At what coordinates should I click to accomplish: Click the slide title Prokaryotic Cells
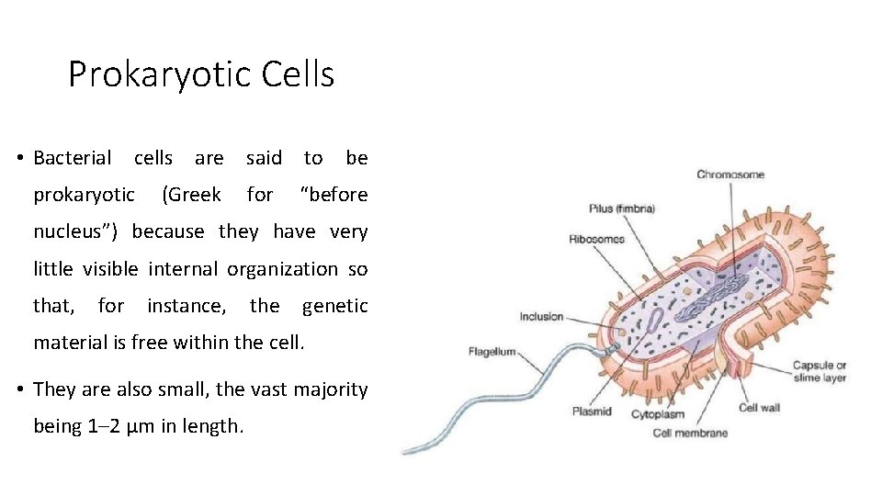(x=201, y=74)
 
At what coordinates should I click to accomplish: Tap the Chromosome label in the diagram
(x=730, y=175)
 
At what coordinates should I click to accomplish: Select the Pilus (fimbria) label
(x=622, y=209)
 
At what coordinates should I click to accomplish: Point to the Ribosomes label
(x=596, y=239)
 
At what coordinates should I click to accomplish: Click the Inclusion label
(x=541, y=317)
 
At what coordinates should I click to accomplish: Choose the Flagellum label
(x=492, y=351)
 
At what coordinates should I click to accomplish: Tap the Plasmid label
(x=591, y=411)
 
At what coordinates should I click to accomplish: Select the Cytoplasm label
(x=657, y=414)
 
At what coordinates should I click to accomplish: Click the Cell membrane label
(x=690, y=433)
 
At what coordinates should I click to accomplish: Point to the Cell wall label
(x=760, y=408)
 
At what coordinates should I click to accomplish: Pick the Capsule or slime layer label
(x=820, y=372)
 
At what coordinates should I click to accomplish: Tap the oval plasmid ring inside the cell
(x=655, y=320)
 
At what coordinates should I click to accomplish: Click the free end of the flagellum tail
(x=407, y=450)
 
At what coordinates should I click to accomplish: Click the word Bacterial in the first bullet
(x=72, y=158)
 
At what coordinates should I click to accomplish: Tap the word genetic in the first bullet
(x=334, y=306)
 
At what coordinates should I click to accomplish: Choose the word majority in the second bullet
(x=330, y=389)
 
